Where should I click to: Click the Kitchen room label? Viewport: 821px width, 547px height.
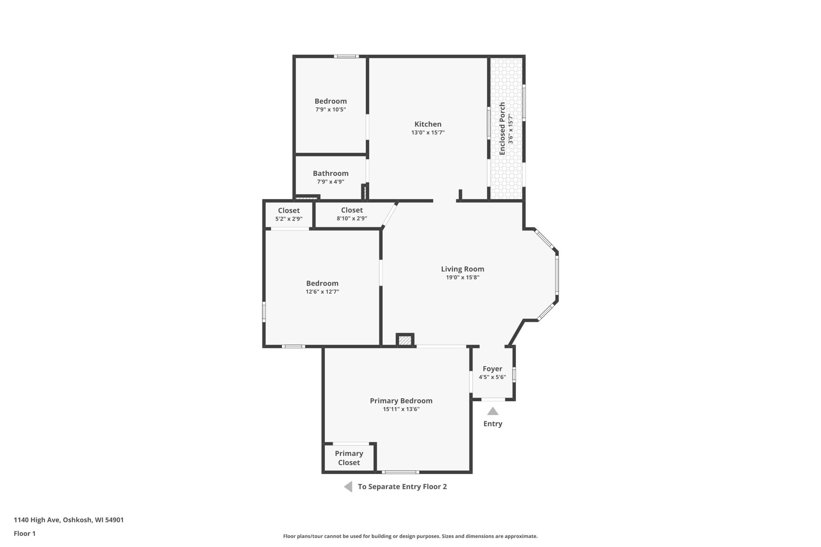427,124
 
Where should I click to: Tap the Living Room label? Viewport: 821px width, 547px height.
462,269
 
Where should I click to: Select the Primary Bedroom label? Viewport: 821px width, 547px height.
401,401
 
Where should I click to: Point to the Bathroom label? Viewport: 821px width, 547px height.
331,173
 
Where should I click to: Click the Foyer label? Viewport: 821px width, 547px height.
492,369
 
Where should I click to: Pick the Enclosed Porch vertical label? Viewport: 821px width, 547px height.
502,129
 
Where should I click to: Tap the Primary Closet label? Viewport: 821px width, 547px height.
349,458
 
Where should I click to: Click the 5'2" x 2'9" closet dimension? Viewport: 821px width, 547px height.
289,219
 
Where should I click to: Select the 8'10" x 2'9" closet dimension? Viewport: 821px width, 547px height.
352,218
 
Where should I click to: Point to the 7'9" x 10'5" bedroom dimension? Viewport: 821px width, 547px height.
331,110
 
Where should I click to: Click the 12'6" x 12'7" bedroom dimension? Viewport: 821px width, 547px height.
322,292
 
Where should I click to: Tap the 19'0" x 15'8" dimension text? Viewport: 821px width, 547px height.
462,277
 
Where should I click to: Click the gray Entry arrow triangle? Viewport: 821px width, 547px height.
493,411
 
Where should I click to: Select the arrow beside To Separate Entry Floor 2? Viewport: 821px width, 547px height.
348,487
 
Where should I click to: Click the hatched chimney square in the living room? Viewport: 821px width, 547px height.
405,340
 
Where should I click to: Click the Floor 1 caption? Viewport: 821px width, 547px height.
24,534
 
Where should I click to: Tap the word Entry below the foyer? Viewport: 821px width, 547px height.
493,424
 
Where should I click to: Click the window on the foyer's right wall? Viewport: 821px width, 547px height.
514,374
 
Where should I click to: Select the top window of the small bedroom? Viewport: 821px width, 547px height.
346,56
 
